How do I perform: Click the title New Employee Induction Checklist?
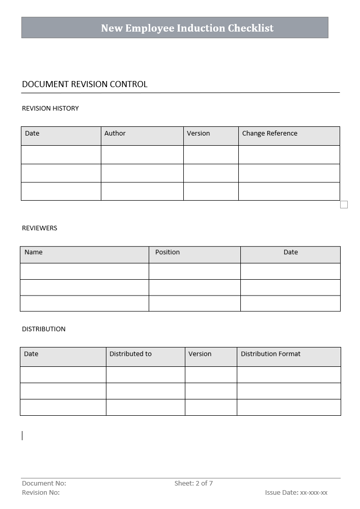187,28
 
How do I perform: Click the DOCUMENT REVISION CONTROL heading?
85,85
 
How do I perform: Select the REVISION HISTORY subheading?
50,109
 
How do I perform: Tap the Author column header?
115,133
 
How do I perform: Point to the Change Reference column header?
269,133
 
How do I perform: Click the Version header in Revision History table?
198,133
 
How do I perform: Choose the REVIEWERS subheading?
40,228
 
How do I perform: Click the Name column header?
34,252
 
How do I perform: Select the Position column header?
168,252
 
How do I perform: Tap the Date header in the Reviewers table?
291,252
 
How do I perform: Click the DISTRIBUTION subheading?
44,329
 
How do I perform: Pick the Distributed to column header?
130,354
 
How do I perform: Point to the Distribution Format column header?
270,354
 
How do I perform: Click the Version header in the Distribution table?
200,354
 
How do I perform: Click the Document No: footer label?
44,484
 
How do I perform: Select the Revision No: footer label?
41,493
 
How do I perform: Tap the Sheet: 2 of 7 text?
193,484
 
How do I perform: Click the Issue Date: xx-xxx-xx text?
296,493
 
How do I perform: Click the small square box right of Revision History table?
344,205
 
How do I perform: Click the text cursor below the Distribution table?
22,436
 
